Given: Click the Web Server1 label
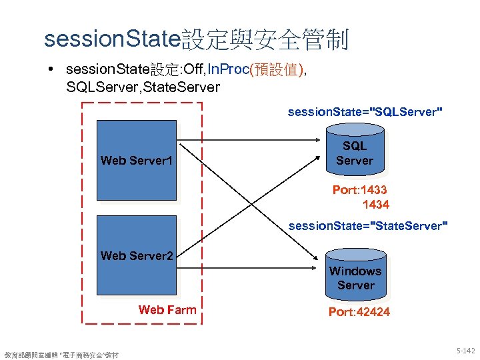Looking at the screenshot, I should pos(137,160).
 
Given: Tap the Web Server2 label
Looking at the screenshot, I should pos(137,255).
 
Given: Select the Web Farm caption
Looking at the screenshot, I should pos(167,309).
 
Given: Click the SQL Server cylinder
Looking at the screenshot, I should pos(355,154).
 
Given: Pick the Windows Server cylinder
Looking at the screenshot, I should pos(355,277).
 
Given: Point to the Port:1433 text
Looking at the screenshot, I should pos(359,190).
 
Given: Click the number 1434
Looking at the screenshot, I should pos(375,204).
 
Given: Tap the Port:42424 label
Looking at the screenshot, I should pos(359,312).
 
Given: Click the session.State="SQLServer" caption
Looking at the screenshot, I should pos(365,112).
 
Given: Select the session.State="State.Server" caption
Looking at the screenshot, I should pos(368,226).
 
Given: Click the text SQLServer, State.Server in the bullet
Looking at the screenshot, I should pos(143,87).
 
